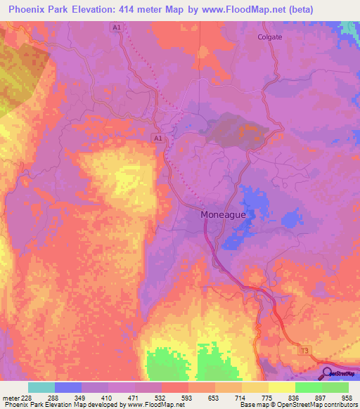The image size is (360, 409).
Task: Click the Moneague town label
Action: [223, 214]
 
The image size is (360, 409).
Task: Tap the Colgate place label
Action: [269, 38]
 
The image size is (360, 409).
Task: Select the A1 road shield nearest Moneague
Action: [158, 139]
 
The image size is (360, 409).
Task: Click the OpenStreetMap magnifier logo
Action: [326, 373]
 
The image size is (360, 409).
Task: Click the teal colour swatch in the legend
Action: [41, 387]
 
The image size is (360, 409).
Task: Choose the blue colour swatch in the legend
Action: [68, 387]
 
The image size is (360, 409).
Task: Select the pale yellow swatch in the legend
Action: [281, 387]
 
